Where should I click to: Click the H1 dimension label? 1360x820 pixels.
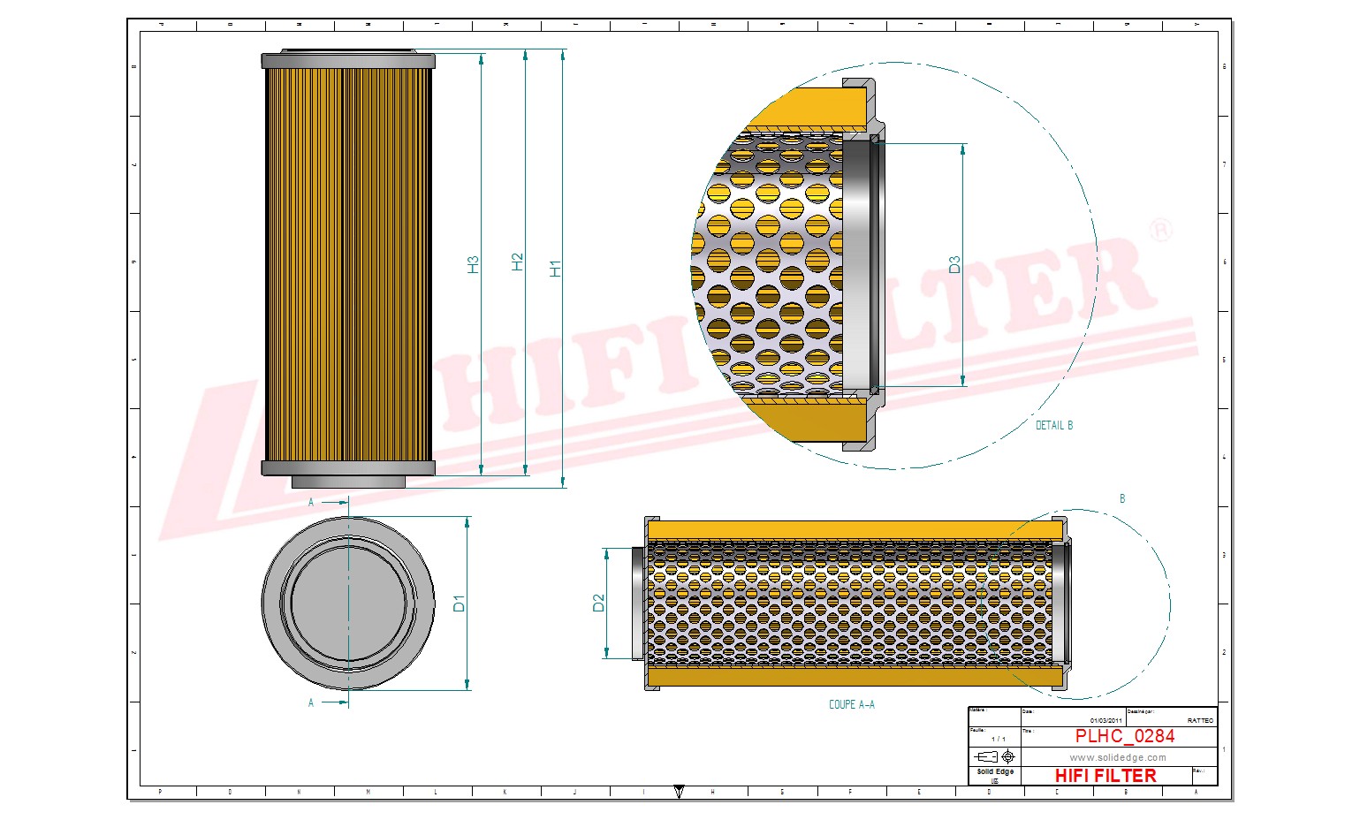555,268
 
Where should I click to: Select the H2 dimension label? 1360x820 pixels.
517,262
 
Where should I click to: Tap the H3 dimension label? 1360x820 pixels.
473,264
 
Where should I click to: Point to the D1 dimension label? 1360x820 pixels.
459,604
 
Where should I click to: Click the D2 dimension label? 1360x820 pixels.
598,603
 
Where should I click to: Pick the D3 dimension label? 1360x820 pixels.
954,264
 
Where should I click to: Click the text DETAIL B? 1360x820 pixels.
1053,425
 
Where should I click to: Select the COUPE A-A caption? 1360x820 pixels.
851,704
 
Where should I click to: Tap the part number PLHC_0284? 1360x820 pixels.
1124,736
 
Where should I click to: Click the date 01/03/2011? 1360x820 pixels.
1105,721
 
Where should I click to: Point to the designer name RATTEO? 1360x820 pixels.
1199,721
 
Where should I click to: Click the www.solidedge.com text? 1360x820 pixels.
1117,757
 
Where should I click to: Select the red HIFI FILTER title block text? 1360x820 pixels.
1105,776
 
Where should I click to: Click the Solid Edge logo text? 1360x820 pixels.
994,772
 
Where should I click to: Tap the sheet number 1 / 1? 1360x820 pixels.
998,739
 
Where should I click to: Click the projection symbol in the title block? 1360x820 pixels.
994,757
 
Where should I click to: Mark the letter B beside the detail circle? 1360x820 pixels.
1122,499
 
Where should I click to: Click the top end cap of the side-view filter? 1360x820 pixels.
348,60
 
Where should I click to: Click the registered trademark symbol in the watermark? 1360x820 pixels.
1160,230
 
